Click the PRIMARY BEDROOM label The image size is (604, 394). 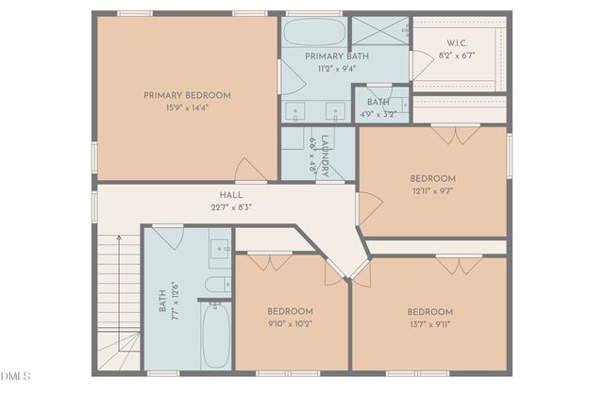coord(187,95)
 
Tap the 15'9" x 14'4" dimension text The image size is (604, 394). coord(187,107)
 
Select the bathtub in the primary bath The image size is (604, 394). coord(314,32)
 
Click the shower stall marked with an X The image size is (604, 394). coord(380,31)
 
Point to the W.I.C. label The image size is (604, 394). coord(457,43)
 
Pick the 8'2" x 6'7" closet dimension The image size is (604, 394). coord(457,56)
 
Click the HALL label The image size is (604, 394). coord(231,195)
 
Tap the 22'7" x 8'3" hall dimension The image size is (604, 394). coord(231,207)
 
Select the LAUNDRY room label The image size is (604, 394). coord(326,156)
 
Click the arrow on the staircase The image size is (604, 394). coord(119,293)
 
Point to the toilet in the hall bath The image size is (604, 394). coord(218,285)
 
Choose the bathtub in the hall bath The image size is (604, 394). coord(216,336)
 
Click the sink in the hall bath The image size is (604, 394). coord(220,249)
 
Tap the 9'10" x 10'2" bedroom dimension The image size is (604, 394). coord(290,324)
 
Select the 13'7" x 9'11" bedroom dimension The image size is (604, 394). coord(430,324)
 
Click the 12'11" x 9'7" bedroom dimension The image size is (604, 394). coord(433,191)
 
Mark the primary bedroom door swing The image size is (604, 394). coord(250,170)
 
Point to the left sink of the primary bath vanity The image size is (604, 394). coord(295,111)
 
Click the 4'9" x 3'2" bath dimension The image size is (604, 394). coord(378,115)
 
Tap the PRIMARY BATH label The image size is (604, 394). coord(337,57)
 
